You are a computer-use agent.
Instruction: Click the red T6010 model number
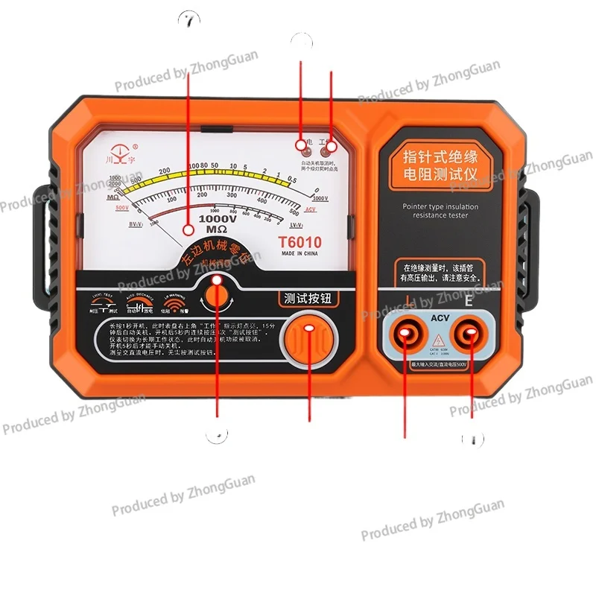tap(299, 242)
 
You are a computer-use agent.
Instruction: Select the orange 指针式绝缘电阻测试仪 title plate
tap(440, 167)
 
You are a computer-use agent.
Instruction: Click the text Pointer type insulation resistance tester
tap(440, 211)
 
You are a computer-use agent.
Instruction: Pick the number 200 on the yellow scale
tap(165, 171)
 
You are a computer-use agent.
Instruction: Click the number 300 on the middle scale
tap(231, 194)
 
